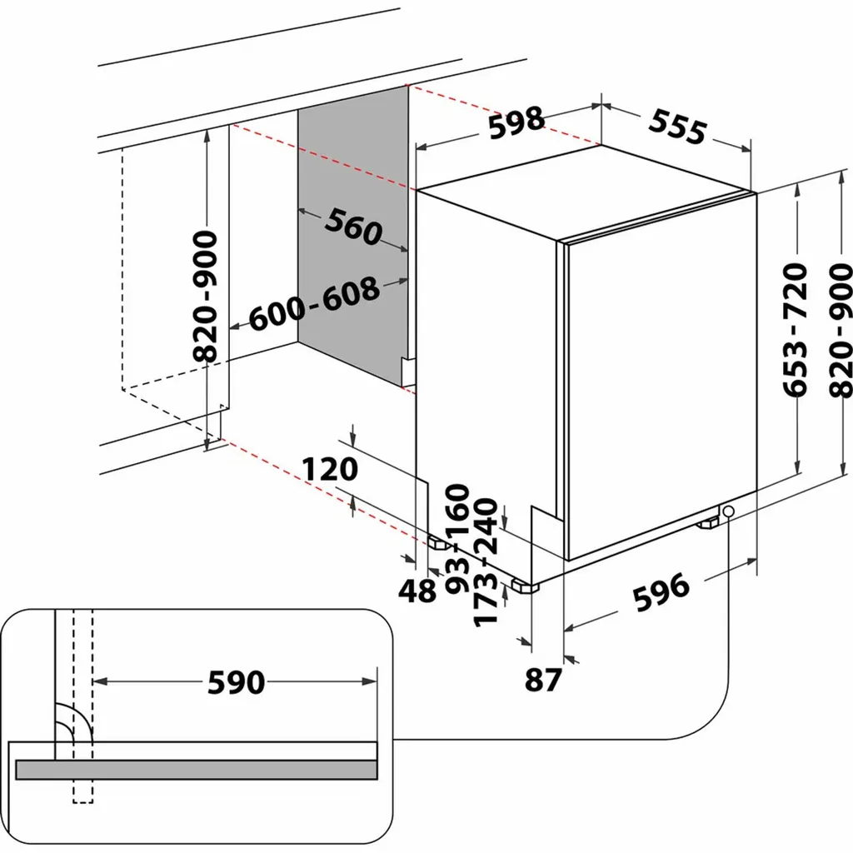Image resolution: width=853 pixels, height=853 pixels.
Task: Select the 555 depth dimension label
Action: (677, 127)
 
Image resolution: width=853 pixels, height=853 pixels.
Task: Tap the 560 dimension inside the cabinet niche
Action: (352, 227)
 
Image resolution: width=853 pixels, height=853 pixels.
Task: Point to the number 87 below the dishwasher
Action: (544, 680)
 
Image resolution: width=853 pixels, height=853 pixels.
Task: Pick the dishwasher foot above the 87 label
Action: (526, 586)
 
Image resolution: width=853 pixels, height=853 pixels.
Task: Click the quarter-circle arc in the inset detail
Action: (67, 716)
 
